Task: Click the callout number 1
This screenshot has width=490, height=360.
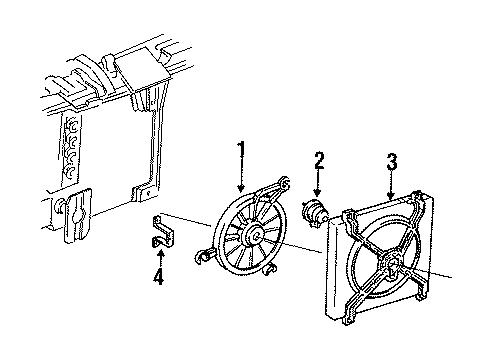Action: pyautogui.click(x=241, y=153)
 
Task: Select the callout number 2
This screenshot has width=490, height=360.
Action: pyautogui.click(x=319, y=161)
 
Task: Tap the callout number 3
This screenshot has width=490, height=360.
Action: pyautogui.click(x=392, y=162)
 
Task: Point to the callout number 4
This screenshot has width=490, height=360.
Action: pyautogui.click(x=159, y=277)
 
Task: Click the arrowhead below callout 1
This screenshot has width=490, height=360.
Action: pyautogui.click(x=241, y=189)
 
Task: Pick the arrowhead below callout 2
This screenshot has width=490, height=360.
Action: pyautogui.click(x=317, y=192)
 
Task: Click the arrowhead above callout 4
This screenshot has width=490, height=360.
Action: pyautogui.click(x=161, y=253)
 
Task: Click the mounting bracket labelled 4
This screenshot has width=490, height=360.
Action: pyautogui.click(x=164, y=232)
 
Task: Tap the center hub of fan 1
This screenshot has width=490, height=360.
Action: pyautogui.click(x=255, y=235)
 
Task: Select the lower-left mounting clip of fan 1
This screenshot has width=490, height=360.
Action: pyautogui.click(x=203, y=257)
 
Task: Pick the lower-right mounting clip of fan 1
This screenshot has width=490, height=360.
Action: pyautogui.click(x=269, y=268)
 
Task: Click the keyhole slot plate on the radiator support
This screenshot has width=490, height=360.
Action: pyautogui.click(x=78, y=215)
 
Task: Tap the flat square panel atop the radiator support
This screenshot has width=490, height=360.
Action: pyautogui.click(x=143, y=69)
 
